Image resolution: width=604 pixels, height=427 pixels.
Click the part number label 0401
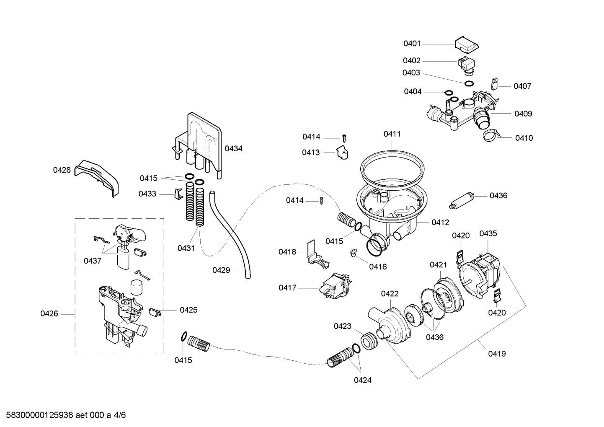click(x=412, y=44)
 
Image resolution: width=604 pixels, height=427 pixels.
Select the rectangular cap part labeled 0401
click(x=467, y=44)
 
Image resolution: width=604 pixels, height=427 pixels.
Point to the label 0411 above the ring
click(x=392, y=134)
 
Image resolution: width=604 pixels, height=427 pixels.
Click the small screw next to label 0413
click(x=344, y=137)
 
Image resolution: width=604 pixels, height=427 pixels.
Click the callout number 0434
click(x=233, y=148)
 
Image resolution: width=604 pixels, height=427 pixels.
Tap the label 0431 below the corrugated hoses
click(x=186, y=248)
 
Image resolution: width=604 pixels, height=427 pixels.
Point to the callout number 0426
click(x=49, y=313)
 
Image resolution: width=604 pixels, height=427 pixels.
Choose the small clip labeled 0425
click(x=155, y=312)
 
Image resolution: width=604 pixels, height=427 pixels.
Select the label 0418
click(x=287, y=252)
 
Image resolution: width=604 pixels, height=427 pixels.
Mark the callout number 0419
click(x=497, y=354)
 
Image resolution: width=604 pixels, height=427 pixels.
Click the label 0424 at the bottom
click(x=362, y=380)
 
